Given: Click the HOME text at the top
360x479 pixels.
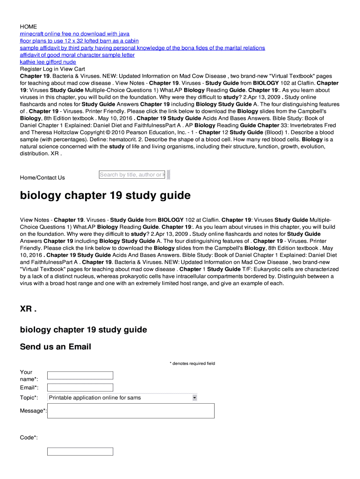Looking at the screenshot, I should (x=28, y=27).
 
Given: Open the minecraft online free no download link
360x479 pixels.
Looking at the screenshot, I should (x=75, y=34).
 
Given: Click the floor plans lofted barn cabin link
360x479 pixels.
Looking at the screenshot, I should (x=79, y=41).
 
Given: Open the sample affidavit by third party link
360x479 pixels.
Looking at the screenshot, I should (x=142, y=48).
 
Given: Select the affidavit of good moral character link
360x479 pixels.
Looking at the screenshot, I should (x=77, y=55).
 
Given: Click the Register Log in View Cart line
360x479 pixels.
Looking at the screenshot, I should (x=52, y=69).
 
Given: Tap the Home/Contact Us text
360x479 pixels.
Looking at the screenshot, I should (x=42, y=178).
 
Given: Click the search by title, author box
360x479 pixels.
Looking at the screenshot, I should (x=132, y=174).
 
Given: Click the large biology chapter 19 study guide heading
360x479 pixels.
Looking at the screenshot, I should (x=105, y=196).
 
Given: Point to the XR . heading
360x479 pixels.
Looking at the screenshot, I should (x=28, y=309).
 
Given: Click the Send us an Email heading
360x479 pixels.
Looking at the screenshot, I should (x=55, y=347).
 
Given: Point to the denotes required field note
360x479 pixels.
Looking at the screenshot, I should (x=192, y=363).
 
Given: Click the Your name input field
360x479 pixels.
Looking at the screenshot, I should (x=80, y=375).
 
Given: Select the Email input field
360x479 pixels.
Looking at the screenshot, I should (x=80, y=387).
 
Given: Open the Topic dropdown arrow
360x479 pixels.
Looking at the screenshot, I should (x=194, y=398).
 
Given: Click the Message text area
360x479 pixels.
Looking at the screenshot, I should (x=131, y=411).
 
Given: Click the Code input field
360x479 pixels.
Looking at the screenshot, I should (x=80, y=451).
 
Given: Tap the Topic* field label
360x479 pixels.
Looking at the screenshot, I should (x=29, y=398).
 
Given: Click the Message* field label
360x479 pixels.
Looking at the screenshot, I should (x=33, y=411).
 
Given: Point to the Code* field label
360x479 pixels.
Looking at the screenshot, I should (x=29, y=438).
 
